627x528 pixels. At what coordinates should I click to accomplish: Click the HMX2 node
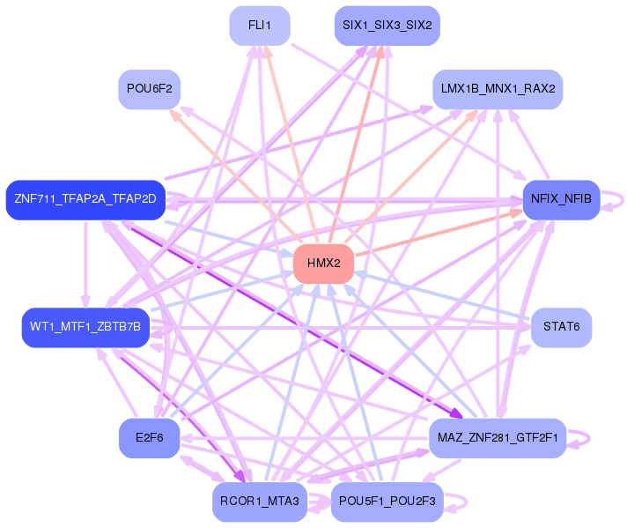[323, 264]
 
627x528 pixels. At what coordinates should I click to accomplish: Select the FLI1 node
[259, 26]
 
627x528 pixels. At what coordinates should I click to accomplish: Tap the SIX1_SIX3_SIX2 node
[387, 26]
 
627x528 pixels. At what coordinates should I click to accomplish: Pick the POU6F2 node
[149, 89]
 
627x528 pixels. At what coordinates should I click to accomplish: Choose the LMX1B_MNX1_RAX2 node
[498, 90]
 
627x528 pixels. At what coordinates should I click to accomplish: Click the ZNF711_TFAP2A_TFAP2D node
[85, 199]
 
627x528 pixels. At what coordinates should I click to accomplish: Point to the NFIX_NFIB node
[561, 199]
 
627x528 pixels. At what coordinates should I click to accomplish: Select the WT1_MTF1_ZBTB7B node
[85, 327]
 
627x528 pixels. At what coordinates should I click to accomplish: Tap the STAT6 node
[561, 327]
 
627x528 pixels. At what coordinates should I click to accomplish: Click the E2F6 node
[149, 438]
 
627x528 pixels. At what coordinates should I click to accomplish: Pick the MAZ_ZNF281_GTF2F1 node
[498, 438]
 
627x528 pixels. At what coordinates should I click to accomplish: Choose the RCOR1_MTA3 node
[259, 502]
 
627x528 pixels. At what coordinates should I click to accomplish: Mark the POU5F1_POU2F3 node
[387, 502]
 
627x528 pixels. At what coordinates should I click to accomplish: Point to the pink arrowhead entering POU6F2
[175, 113]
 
